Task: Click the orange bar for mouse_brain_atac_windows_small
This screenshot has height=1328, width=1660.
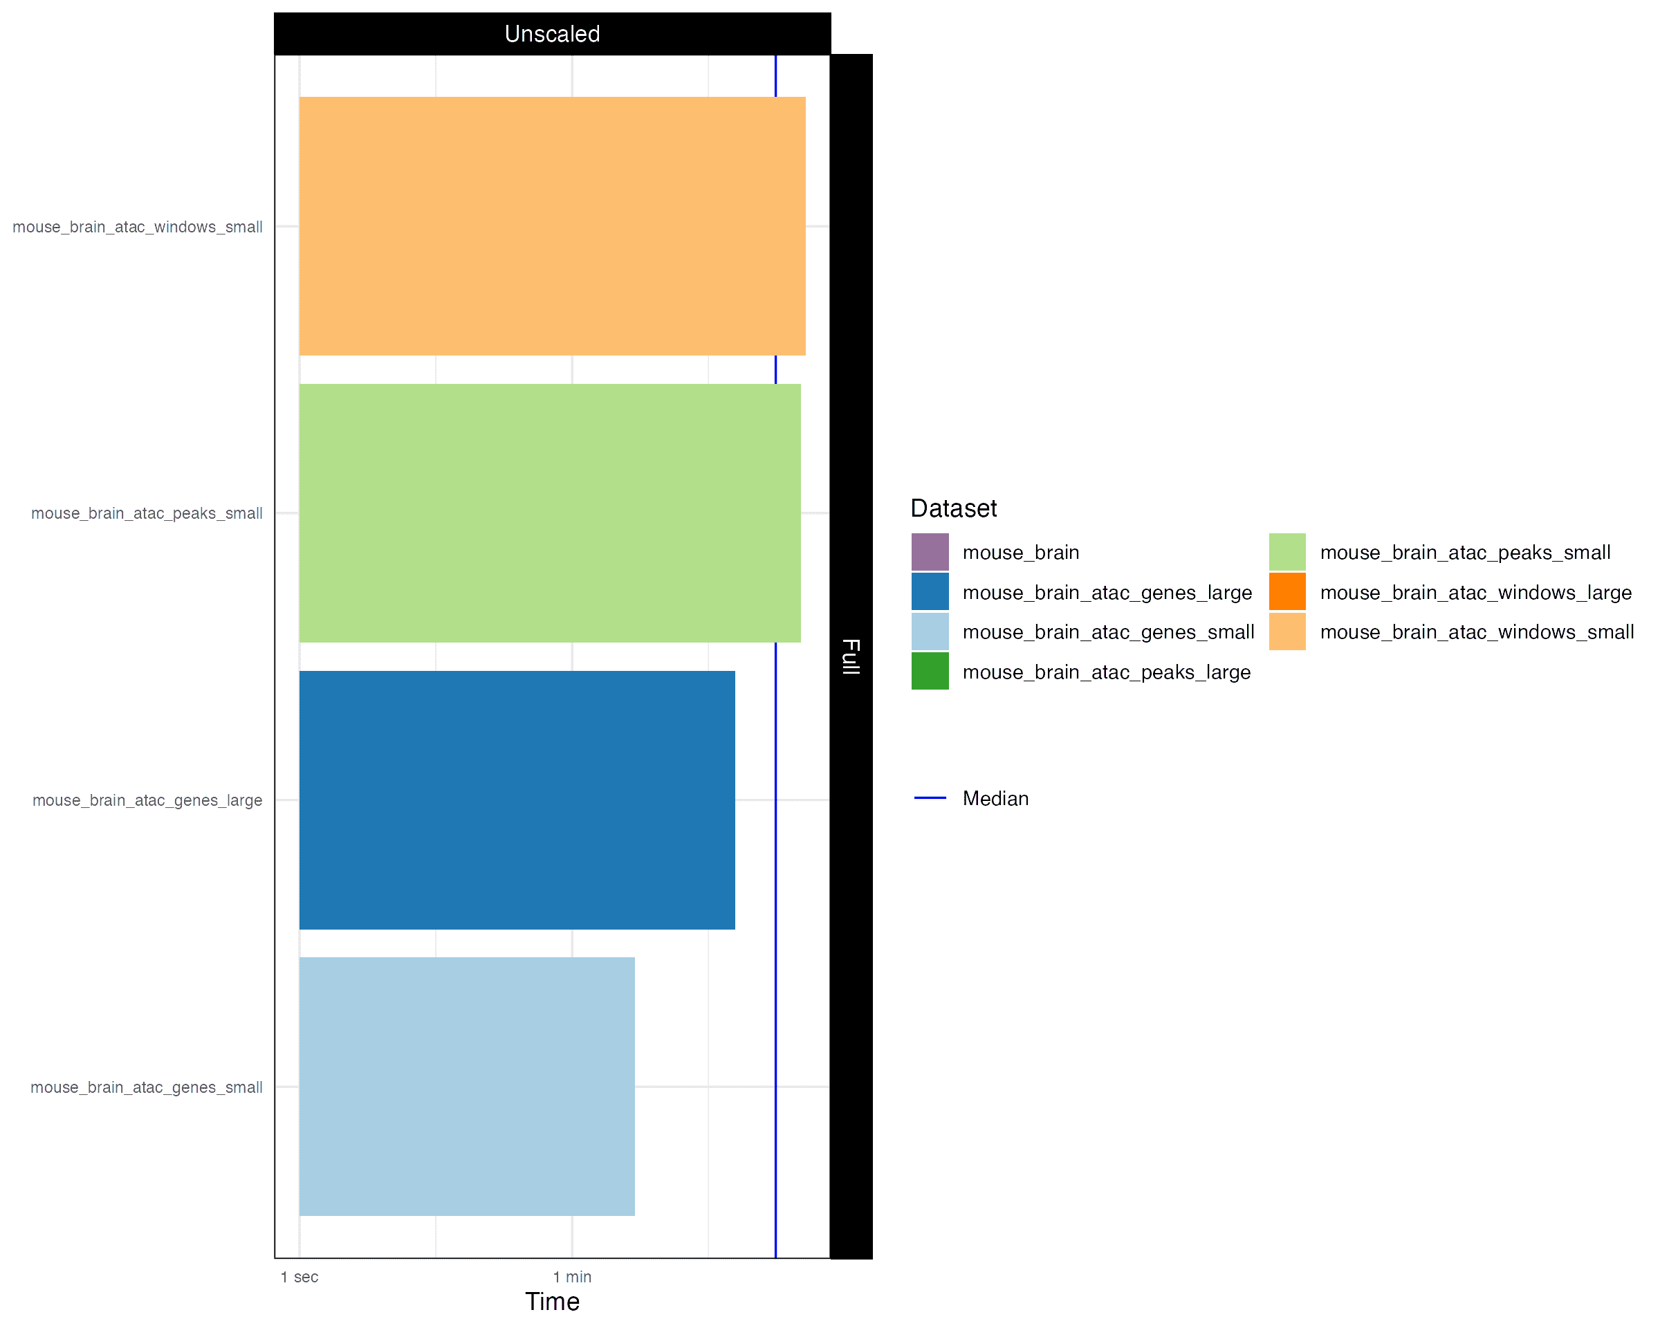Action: pos(552,225)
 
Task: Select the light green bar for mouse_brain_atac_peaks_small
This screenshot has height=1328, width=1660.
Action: pos(550,513)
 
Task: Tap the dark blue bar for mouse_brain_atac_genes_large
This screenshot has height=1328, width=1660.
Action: pos(517,800)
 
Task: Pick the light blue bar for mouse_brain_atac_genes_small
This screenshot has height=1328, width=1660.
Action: pos(467,1087)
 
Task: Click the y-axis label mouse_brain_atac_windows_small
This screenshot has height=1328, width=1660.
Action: pos(138,227)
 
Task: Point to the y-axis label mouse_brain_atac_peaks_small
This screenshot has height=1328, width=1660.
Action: pos(147,513)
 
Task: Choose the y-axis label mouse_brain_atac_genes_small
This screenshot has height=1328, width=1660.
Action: pos(147,1087)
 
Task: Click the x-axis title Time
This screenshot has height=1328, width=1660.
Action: pos(552,1302)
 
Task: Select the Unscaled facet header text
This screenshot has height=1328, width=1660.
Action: pos(552,34)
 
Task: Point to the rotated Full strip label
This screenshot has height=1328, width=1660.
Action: pos(851,656)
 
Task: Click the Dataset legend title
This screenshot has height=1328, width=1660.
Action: pos(953,508)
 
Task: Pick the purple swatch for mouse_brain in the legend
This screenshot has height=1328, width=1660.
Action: pos(930,552)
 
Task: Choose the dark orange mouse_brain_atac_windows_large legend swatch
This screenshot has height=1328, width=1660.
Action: pos(1287,592)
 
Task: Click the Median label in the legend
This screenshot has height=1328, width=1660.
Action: pos(995,798)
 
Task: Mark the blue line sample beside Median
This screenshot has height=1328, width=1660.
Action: pos(930,798)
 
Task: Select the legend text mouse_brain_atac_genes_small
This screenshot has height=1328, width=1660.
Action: pos(1108,632)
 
